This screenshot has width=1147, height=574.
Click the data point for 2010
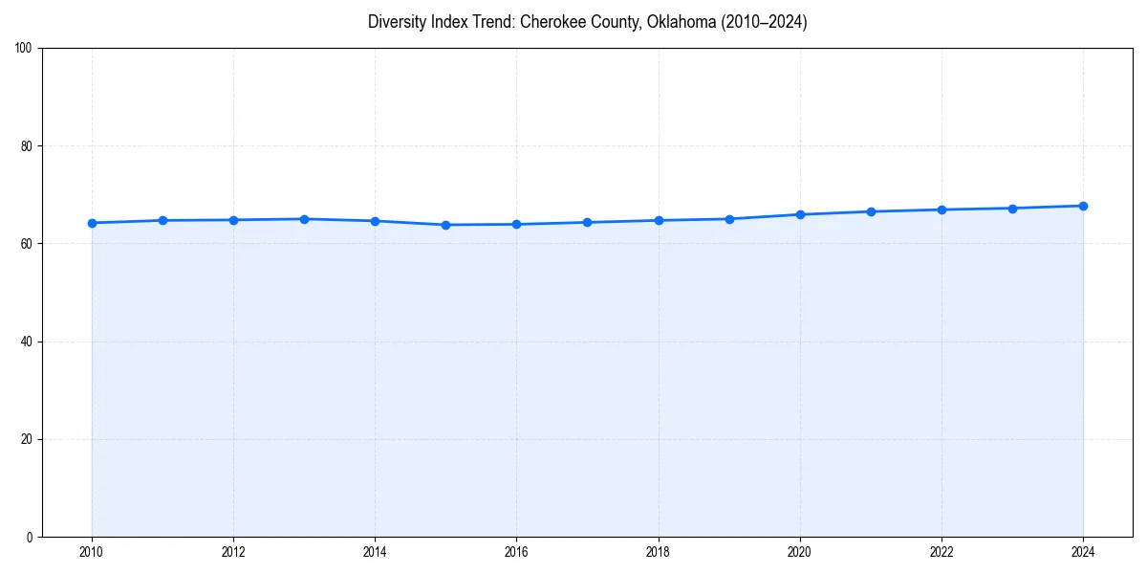pos(92,223)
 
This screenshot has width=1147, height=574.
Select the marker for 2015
pos(445,225)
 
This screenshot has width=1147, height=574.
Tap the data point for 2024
pos(1083,206)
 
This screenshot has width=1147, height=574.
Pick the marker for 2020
pos(800,214)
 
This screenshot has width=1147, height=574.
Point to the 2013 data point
pos(304,219)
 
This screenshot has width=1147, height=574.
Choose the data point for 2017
pos(587,222)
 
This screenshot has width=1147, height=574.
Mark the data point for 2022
pos(941,210)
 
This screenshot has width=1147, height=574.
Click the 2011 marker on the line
pos(162,220)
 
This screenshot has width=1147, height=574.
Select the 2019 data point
pos(729,219)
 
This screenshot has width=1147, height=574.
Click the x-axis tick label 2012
pos(233,551)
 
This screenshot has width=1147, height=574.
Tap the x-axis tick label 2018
pos(658,551)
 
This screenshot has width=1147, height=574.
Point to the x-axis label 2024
pos(1083,551)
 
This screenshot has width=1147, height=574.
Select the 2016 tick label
pos(516,551)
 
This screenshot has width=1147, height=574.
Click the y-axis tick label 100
pos(24,49)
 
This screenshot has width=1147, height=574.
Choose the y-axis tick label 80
pos(27,146)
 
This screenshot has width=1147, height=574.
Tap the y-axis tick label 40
pos(27,342)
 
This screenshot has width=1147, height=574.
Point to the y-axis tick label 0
pos(30,537)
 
